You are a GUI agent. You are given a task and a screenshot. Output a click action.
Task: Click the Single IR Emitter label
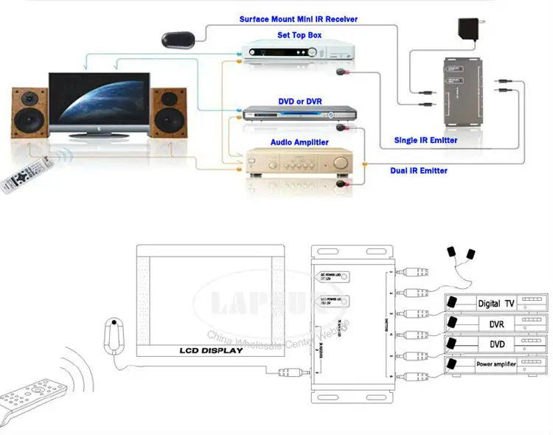426,140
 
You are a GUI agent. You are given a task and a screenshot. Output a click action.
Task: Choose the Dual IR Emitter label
418,170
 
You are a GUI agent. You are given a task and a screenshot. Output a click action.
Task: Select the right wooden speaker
170,113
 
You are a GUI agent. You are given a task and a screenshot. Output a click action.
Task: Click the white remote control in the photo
21,176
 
